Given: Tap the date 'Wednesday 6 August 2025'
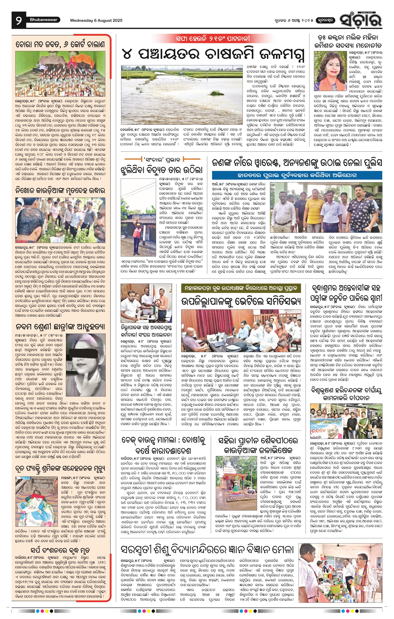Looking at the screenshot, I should click(96, 20).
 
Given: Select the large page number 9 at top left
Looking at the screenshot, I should click(19, 20).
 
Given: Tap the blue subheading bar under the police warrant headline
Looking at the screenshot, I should click(297, 175).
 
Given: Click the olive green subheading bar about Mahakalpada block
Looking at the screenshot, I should click(241, 288).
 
